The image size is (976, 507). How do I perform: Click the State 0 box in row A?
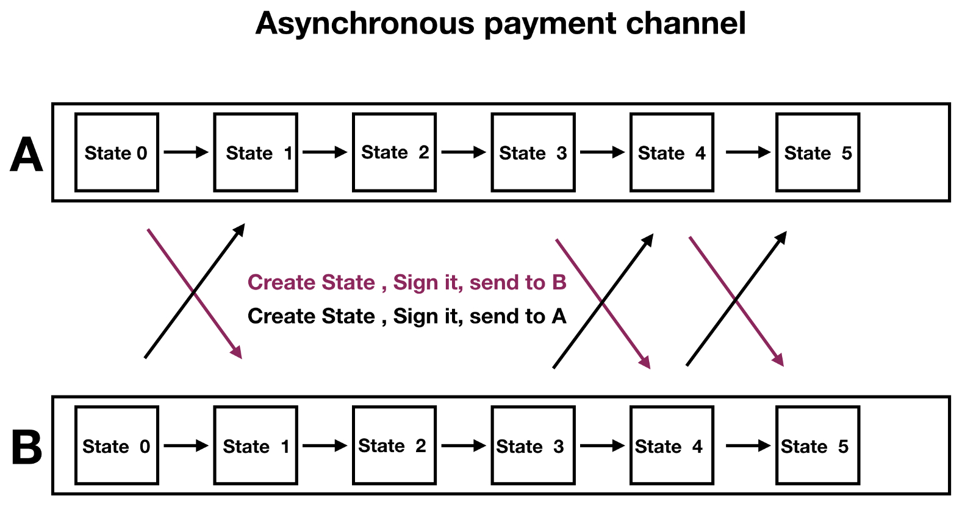[x=117, y=152]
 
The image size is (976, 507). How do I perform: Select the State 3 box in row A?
[x=533, y=152]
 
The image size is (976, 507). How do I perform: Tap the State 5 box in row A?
[x=817, y=152]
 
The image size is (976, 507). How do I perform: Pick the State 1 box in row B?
[x=256, y=446]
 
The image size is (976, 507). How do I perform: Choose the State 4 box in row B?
[x=672, y=446]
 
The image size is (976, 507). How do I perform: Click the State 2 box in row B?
[x=394, y=446]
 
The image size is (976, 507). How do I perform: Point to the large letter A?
[x=27, y=155]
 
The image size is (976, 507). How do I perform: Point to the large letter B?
[x=27, y=448]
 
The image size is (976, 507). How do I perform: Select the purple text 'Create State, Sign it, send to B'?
[x=407, y=283]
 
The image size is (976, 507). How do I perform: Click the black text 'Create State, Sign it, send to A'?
[x=407, y=316]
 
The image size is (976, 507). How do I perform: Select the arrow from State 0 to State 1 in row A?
[x=186, y=152]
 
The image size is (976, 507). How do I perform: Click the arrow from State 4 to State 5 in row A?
[x=748, y=152]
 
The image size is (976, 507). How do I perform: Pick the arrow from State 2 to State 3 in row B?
[x=464, y=446]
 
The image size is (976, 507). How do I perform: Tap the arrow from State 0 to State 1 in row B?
[x=186, y=446]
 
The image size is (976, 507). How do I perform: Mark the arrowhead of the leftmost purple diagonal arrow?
[x=237, y=353]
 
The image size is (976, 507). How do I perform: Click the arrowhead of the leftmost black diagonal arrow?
[x=240, y=229]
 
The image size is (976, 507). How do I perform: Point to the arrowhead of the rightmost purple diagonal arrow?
[x=779, y=361]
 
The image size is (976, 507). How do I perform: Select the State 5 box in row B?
[x=817, y=446]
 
